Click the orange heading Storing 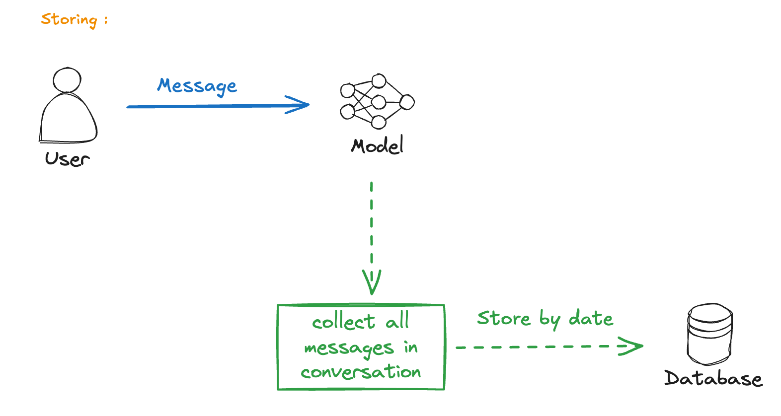coord(69,20)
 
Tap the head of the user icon coord(67,80)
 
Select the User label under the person coord(67,159)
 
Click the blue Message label coord(197,86)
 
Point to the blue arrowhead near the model coord(298,105)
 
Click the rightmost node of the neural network coord(407,102)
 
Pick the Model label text coord(377,145)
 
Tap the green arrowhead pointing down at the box coord(372,282)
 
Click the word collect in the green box coord(343,322)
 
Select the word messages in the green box coord(349,348)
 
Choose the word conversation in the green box coord(361,372)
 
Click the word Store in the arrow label coord(504,318)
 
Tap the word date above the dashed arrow coord(591,318)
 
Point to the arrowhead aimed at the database coord(630,346)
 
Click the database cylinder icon coord(710,334)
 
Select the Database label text coord(713,378)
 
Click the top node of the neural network coord(379,81)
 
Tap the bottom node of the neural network coord(379,122)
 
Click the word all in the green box coord(397,320)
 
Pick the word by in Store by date coord(549,319)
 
